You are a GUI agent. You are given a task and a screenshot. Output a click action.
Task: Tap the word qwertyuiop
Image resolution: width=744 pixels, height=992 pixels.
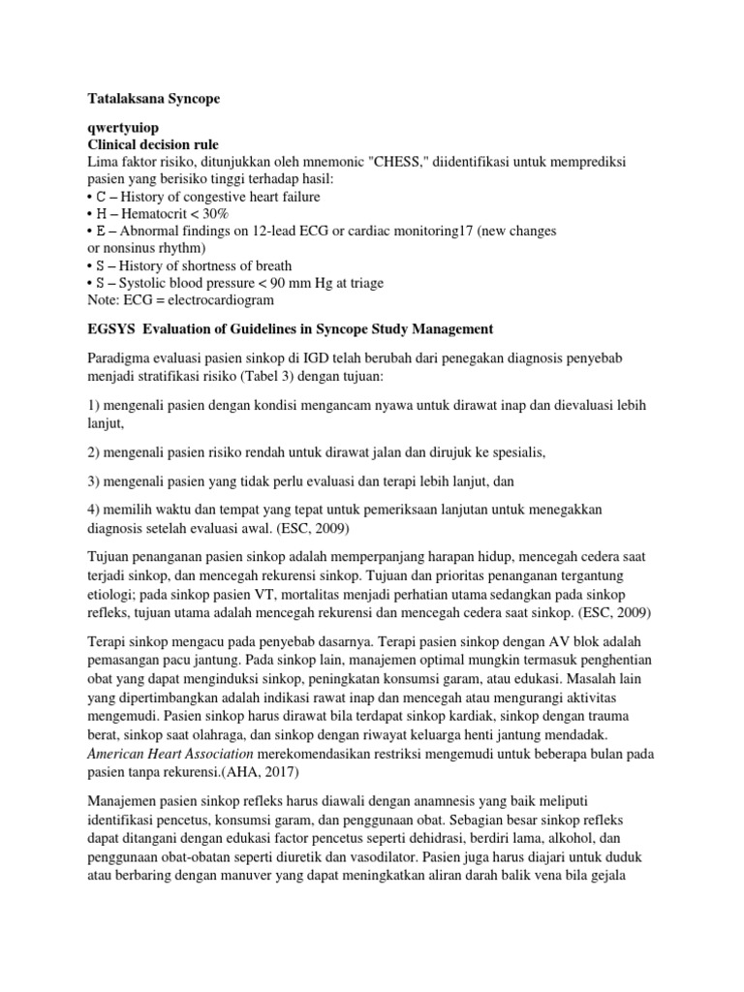[125, 128]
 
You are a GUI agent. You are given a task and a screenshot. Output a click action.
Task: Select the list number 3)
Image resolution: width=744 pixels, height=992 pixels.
[95, 480]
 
